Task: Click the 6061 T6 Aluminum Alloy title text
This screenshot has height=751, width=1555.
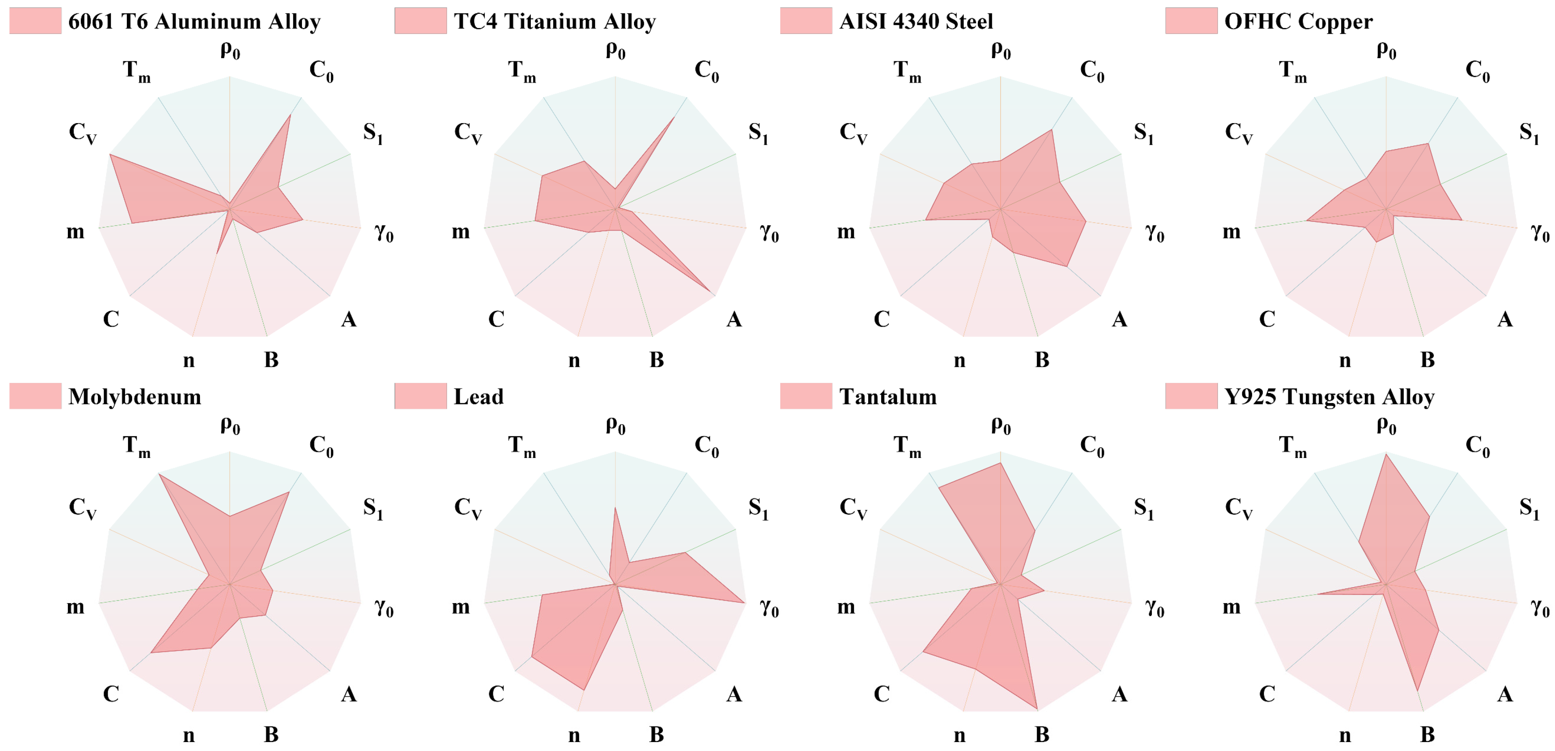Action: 194,22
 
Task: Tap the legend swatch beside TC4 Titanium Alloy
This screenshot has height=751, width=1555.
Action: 420,21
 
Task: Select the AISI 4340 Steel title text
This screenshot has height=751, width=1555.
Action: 916,22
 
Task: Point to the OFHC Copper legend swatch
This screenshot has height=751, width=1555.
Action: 1190,21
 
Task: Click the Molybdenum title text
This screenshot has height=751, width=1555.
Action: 135,397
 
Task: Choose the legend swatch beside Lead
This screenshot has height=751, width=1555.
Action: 420,396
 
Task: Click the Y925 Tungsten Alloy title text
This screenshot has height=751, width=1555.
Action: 1329,397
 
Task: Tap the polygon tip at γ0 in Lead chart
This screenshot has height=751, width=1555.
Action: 744,602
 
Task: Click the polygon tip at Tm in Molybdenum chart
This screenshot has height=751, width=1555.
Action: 159,475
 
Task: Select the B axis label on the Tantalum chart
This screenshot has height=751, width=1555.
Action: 1042,734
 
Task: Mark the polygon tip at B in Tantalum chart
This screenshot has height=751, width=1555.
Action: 1036,708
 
